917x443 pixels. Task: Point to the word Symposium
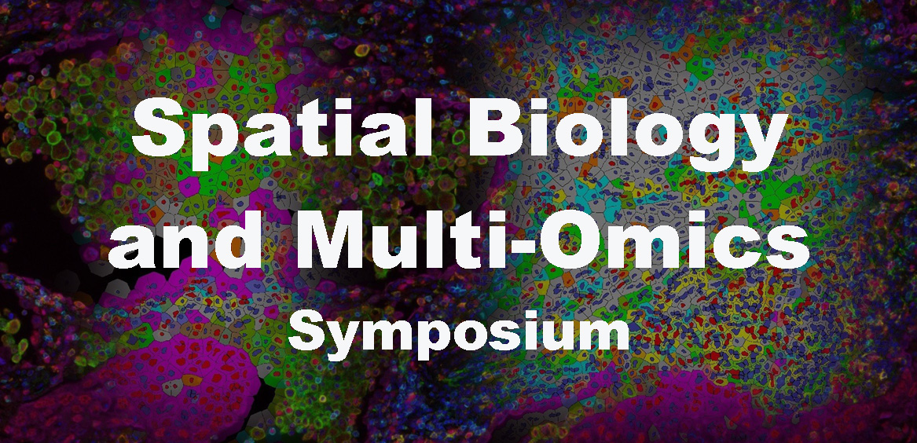(459, 331)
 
